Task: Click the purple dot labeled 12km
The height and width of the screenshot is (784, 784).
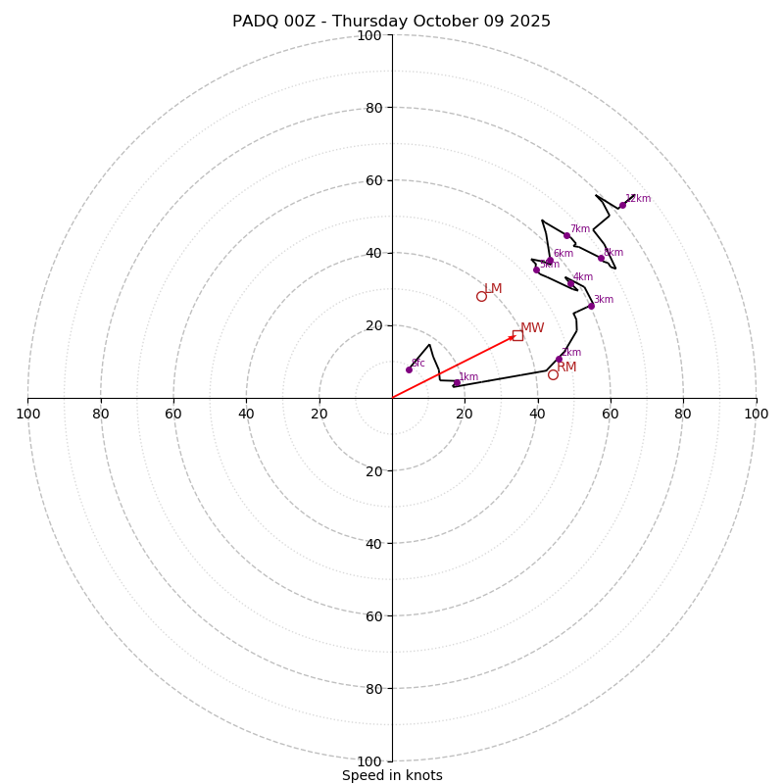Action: (622, 205)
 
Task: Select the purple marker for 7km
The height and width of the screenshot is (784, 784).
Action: (566, 235)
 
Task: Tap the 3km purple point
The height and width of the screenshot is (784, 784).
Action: (591, 306)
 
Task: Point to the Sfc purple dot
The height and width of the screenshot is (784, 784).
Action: (409, 369)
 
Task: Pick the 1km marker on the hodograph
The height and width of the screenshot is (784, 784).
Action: (457, 383)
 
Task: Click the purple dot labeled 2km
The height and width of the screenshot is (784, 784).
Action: (560, 359)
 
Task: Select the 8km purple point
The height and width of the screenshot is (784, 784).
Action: (601, 258)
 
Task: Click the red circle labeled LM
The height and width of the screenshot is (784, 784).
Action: (481, 296)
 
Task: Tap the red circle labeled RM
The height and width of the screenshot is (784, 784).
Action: (553, 374)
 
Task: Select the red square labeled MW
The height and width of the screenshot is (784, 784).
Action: (517, 335)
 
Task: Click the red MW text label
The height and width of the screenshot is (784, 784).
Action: (532, 328)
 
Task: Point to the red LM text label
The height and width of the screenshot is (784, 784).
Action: (493, 289)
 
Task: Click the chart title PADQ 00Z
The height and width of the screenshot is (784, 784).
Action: (392, 22)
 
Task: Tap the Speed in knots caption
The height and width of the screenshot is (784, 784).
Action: (392, 775)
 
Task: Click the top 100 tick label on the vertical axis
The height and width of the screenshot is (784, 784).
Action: (369, 36)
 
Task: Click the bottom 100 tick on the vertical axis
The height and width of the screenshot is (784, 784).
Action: (369, 761)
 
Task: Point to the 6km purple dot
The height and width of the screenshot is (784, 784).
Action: (550, 261)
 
